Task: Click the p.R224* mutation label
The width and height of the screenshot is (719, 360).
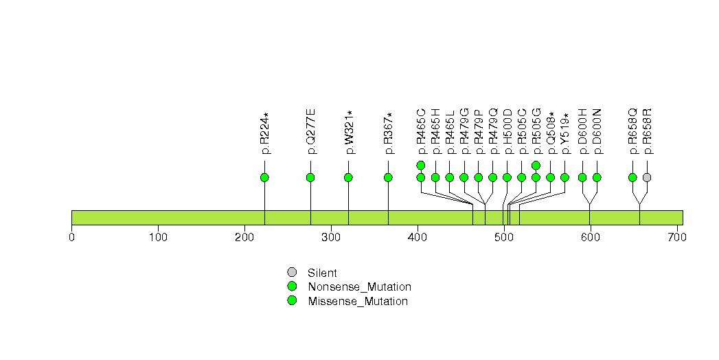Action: point(264,133)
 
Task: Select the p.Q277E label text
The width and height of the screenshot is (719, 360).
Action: point(311,132)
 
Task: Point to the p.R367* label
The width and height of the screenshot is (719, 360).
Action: point(389,133)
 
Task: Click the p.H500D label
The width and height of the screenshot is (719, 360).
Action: point(507,132)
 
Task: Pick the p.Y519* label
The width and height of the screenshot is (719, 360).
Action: point(565,133)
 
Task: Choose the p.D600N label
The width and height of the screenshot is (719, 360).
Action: point(597,132)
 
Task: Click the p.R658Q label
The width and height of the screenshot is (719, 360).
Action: point(632,132)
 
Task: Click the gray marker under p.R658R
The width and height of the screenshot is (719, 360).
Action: point(647,177)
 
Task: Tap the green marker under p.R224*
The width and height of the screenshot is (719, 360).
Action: point(264,177)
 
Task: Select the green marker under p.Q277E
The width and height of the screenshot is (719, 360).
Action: point(310,177)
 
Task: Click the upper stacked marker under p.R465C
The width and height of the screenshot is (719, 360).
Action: point(421,165)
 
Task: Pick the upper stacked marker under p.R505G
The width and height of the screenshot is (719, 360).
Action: point(536,165)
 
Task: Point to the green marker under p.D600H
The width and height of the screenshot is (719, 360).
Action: point(582,177)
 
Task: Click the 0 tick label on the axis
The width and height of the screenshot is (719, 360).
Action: point(71,237)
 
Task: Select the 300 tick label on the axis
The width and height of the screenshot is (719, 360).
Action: point(331,237)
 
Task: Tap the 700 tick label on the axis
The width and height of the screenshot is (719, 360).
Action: point(677,237)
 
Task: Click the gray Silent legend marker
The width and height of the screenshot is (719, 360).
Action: point(292,273)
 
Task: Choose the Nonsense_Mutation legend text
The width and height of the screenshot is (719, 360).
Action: point(360,287)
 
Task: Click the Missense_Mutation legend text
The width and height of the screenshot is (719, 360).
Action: point(358,302)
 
